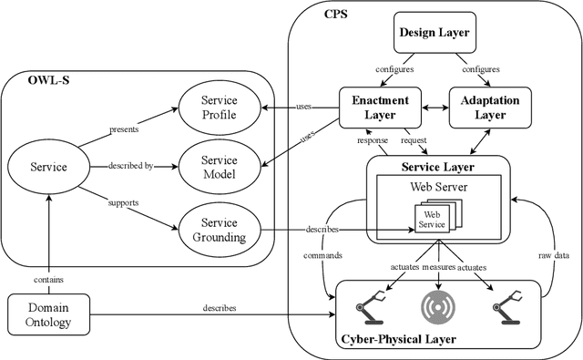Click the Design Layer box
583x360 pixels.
point(434,34)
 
